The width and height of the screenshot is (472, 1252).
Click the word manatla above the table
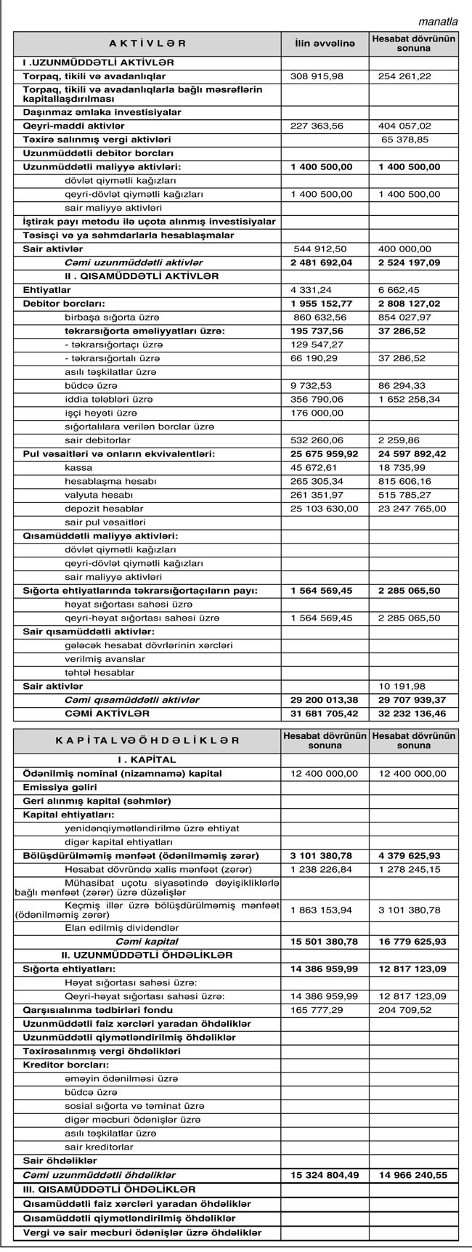438,21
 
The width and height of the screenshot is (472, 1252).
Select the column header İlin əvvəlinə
324,44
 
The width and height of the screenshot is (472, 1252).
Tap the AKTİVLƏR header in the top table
147,44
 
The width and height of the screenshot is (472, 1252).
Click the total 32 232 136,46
412,714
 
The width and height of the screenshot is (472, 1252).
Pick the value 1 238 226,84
321,870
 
